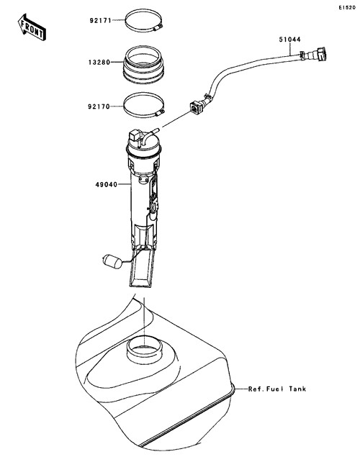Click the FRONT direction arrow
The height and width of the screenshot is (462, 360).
pyautogui.click(x=32, y=27)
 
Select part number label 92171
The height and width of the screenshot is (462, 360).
pyautogui.click(x=101, y=21)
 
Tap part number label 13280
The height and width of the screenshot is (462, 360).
pyautogui.click(x=99, y=63)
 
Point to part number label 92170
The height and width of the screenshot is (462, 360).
pyautogui.click(x=99, y=107)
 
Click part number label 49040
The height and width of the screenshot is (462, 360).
pyautogui.click(x=107, y=185)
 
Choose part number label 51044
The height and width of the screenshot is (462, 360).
pyautogui.click(x=290, y=40)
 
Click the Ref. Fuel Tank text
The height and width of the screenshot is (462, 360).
pyautogui.click(x=277, y=389)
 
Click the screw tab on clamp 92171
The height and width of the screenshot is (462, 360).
pyautogui.click(x=158, y=27)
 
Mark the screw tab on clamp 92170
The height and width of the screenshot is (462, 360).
pyautogui.click(x=160, y=113)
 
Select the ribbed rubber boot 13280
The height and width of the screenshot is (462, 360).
pyautogui.click(x=143, y=65)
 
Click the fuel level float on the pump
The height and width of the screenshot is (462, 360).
pyautogui.click(x=112, y=261)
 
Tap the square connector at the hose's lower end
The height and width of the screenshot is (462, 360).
pyautogui.click(x=197, y=107)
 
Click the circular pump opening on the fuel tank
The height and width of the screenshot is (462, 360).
pyautogui.click(x=144, y=350)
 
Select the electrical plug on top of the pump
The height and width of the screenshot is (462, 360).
pyautogui.click(x=134, y=135)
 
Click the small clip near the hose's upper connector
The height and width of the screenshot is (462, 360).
pyautogui.click(x=302, y=55)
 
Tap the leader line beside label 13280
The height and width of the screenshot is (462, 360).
pyautogui.click(x=117, y=62)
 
